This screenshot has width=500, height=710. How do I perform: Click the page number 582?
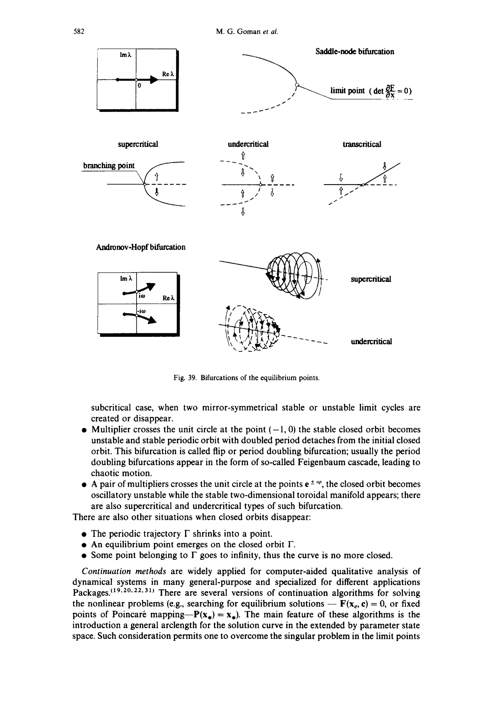(79, 32)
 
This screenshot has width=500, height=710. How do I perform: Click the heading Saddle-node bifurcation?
(355, 52)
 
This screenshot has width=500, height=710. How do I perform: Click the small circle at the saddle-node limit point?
(297, 84)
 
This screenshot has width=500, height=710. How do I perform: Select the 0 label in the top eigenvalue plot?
(139, 86)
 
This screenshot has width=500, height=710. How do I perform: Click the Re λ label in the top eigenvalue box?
(168, 74)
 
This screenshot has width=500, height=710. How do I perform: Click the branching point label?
(109, 166)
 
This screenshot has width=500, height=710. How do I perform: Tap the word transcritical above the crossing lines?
(362, 144)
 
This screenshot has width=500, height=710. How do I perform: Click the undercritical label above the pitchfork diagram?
(248, 144)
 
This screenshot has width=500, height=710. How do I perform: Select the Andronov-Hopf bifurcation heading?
(141, 247)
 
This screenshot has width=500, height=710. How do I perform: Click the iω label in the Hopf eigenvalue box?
(142, 296)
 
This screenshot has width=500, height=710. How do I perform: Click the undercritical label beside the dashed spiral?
(371, 342)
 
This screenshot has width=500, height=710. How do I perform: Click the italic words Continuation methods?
(124, 571)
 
